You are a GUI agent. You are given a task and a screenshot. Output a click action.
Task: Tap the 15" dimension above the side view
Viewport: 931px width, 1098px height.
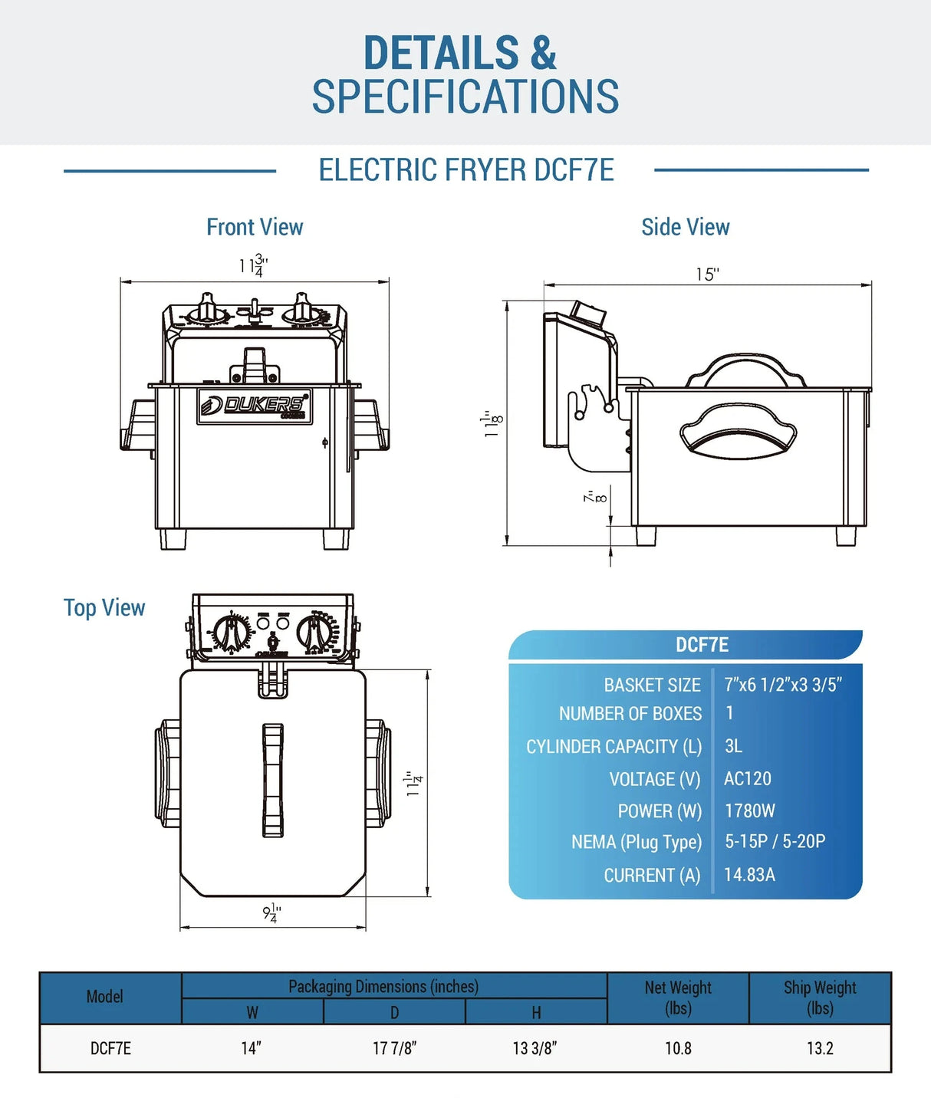point(707,274)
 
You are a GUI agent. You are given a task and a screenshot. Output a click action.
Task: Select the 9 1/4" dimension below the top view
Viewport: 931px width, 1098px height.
point(271,912)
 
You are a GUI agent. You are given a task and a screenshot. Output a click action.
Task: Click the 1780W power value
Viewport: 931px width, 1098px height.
point(750,810)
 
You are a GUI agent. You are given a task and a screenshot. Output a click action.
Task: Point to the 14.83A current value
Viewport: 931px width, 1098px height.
point(749,874)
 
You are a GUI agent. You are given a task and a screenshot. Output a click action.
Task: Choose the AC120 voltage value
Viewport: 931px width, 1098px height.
point(748,778)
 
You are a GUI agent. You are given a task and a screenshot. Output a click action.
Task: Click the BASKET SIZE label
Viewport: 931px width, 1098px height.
point(652,685)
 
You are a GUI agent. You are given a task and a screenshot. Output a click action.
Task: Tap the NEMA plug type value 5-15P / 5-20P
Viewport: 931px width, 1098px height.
point(775,841)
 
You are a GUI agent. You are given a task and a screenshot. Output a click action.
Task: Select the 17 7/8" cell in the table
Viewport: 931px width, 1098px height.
point(394,1048)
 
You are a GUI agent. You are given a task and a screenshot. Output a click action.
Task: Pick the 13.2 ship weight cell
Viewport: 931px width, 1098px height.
point(820,1048)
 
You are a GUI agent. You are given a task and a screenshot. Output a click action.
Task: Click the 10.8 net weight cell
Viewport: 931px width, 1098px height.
point(678,1048)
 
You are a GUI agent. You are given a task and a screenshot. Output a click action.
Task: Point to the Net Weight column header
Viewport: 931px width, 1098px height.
point(678,997)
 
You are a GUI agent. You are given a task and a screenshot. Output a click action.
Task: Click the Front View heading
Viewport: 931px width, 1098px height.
point(255,227)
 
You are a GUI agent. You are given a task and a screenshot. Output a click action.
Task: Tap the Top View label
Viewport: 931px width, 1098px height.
point(104,608)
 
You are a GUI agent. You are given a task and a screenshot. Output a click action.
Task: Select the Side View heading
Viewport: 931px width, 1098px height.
point(685,227)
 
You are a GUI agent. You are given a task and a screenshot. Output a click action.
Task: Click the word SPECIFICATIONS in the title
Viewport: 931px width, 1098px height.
point(465,97)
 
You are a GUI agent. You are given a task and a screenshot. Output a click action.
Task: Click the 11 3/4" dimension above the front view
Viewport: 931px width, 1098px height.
point(253,266)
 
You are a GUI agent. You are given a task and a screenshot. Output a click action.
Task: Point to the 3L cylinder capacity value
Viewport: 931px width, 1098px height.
point(733,746)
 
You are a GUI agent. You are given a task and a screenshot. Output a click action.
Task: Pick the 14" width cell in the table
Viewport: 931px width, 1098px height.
point(252,1048)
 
